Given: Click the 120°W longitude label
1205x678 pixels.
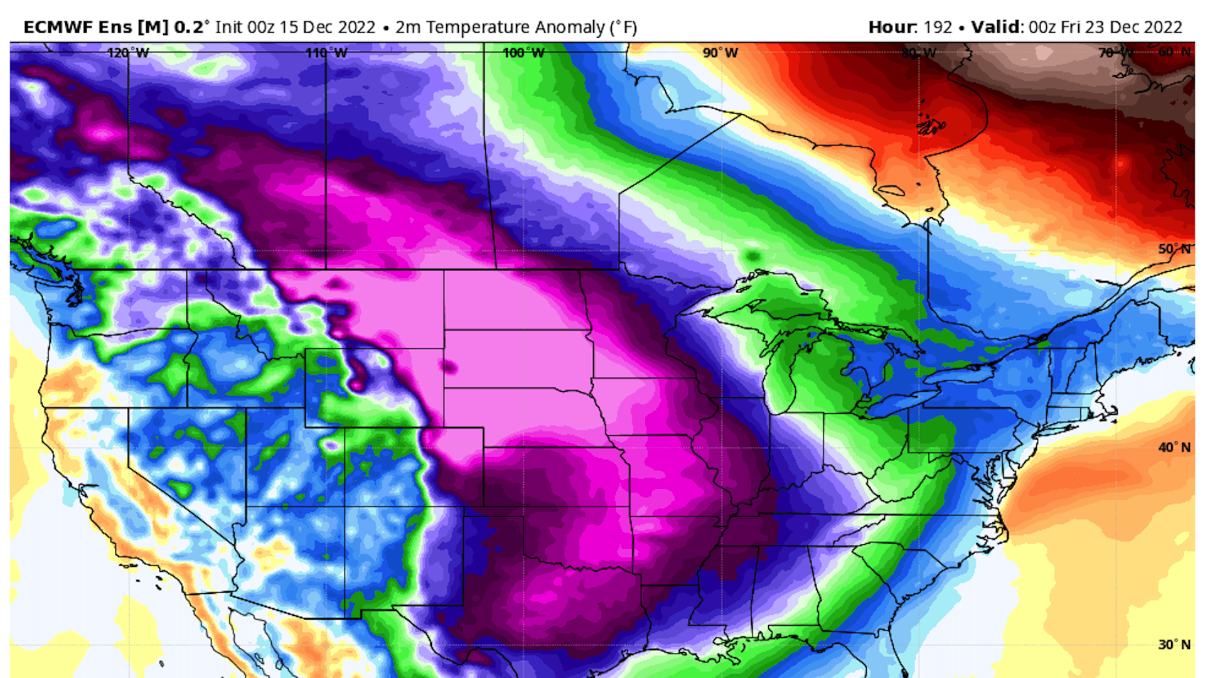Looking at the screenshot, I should click(x=128, y=53).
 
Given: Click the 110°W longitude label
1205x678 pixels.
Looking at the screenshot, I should click(x=326, y=53).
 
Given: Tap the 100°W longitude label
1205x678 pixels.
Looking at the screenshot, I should click(x=523, y=53).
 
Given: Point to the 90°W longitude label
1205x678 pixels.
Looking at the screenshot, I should click(x=720, y=53).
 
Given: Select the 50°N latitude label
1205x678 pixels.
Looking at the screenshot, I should click(x=1174, y=249).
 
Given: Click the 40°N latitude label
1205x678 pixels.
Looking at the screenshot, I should click(x=1174, y=447).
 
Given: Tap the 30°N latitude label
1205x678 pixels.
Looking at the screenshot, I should click(x=1174, y=645).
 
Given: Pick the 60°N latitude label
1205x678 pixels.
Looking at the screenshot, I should click(x=1174, y=52).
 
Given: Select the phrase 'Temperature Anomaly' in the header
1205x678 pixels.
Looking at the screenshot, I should click(x=515, y=28).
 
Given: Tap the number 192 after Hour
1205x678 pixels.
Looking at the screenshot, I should click(x=938, y=28).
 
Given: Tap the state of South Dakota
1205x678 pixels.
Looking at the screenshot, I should click(x=518, y=358).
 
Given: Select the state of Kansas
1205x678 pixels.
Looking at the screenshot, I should click(x=555, y=477).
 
